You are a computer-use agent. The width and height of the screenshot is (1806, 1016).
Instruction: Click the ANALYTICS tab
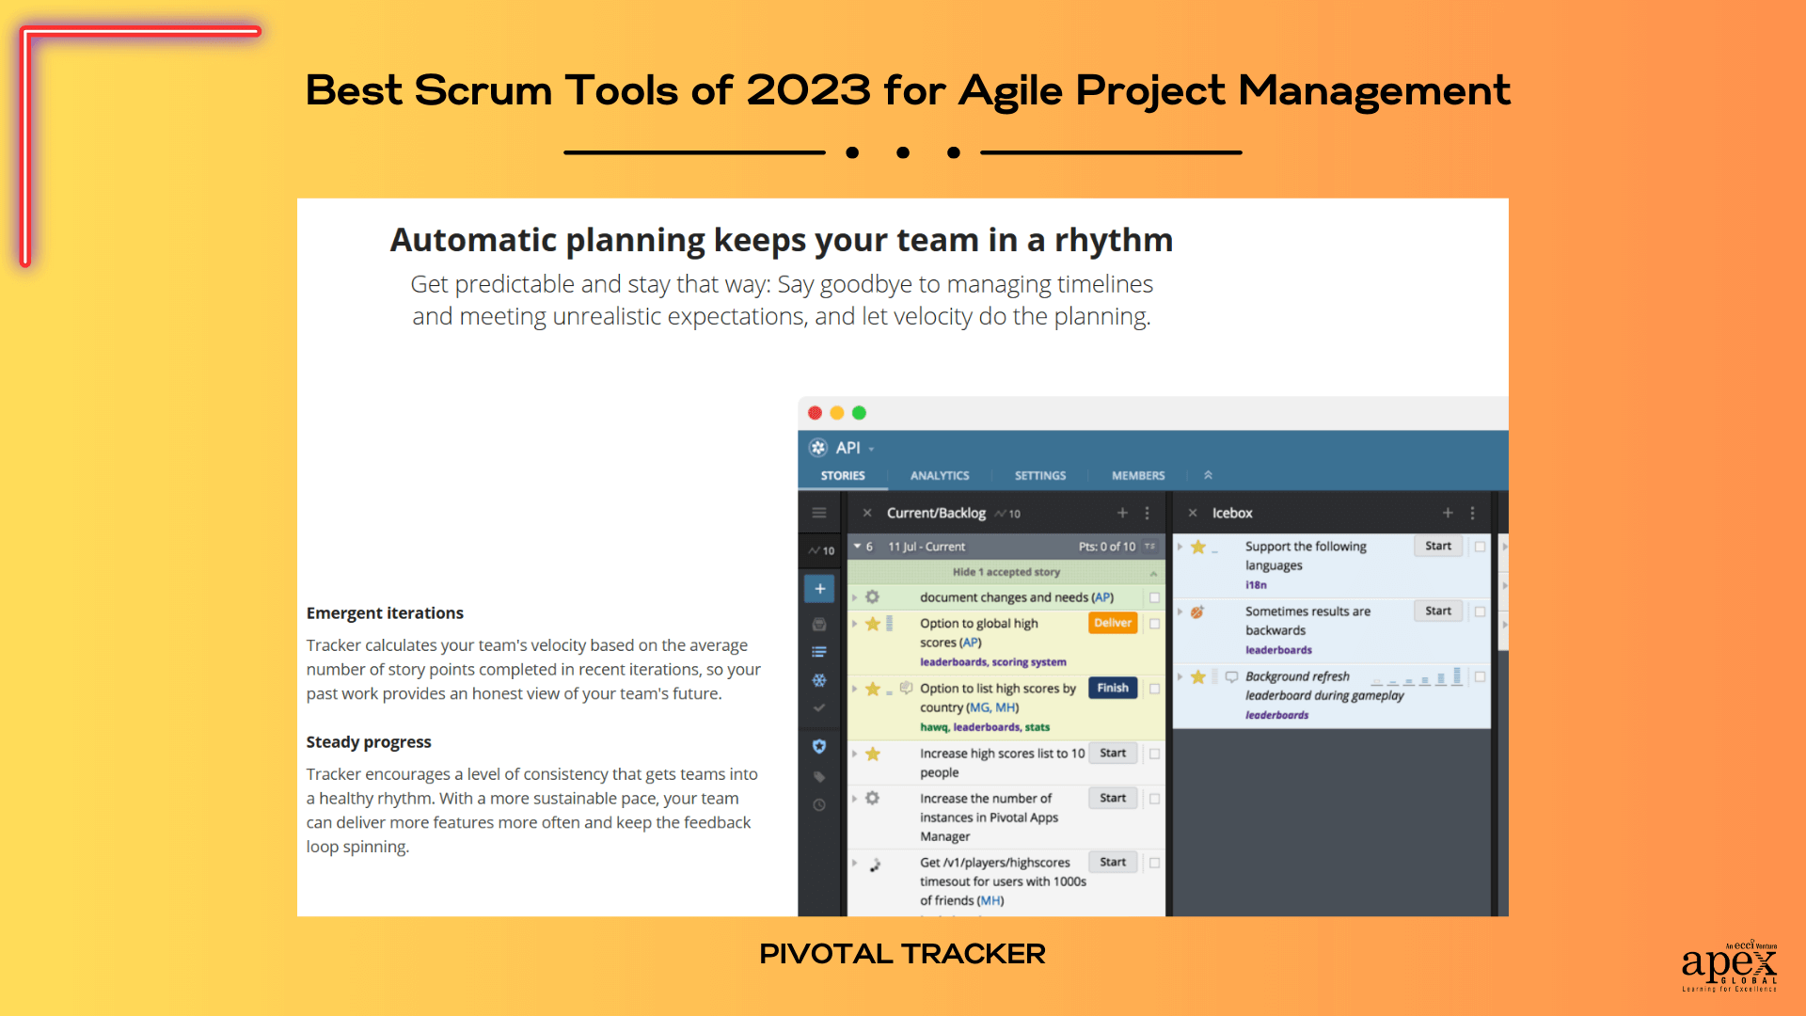[x=939, y=476]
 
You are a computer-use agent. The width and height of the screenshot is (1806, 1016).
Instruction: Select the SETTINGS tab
[x=1039, y=476]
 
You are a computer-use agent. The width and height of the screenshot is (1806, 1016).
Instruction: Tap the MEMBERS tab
[x=1137, y=476]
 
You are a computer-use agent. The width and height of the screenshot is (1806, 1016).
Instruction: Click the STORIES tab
[x=842, y=476]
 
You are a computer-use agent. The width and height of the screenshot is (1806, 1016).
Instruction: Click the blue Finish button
[x=1112, y=688]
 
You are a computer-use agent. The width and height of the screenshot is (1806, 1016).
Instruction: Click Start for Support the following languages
[x=1437, y=547]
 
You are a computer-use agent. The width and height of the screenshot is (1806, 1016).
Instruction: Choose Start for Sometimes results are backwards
[x=1437, y=611]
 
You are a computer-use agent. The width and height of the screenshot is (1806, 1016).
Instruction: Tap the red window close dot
[x=815, y=413]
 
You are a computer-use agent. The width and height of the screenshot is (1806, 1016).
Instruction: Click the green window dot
[x=859, y=413]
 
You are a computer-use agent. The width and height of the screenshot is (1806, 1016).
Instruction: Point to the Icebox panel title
[x=1231, y=514]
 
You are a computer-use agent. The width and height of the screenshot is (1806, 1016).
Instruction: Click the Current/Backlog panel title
[x=935, y=514]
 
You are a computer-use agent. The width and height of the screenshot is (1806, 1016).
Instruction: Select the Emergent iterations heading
[x=385, y=613]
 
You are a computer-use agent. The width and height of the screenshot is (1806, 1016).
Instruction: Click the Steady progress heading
[x=369, y=742]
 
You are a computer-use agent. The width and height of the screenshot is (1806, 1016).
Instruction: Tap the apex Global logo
[x=1729, y=965]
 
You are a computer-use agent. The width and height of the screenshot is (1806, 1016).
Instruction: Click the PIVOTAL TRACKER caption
[x=902, y=954]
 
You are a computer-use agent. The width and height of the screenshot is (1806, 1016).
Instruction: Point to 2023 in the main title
[x=808, y=91]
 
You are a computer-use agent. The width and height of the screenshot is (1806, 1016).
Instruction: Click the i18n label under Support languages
[x=1256, y=585]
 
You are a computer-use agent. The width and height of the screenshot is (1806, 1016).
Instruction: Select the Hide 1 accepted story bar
[x=1006, y=572]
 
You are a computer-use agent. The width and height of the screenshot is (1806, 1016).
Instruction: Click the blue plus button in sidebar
[x=819, y=589]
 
